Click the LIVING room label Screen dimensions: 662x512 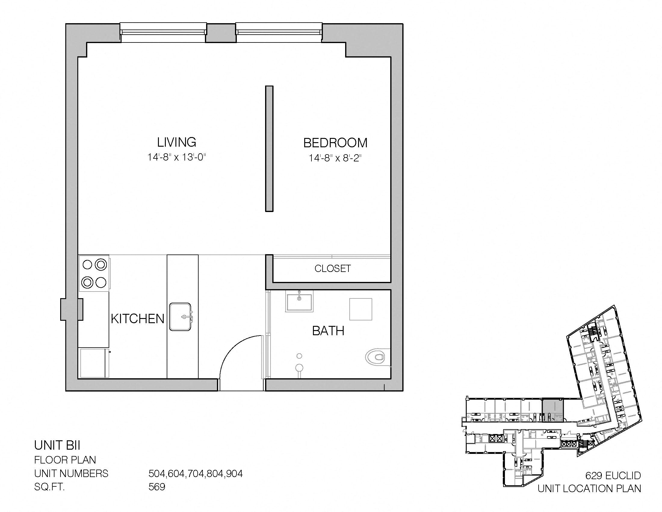176,142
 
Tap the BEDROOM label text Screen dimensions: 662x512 335,143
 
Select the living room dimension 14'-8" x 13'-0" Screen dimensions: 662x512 177,157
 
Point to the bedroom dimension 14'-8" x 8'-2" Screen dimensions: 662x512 335,158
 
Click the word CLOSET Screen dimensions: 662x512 333,268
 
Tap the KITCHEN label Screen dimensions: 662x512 137,318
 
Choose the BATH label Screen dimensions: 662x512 328,331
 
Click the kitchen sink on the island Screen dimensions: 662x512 181,317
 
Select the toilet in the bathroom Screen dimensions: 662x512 377,357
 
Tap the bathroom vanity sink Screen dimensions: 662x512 299,302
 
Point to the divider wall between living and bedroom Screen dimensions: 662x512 269,148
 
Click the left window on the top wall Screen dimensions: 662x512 163,33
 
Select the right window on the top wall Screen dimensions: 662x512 279,33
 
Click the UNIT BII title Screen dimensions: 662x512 57,445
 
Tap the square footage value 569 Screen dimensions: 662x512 157,487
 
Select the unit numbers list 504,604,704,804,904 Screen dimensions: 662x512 196,473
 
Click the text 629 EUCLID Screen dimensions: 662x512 613,475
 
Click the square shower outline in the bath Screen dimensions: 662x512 361,309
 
